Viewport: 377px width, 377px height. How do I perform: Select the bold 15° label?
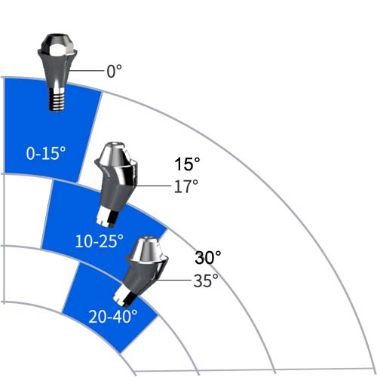click(187, 164)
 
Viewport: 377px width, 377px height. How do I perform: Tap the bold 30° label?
click(208, 258)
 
